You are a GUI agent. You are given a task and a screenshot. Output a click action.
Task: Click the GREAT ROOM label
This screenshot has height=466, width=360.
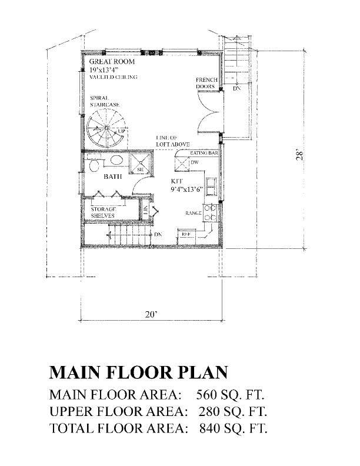(x=112, y=61)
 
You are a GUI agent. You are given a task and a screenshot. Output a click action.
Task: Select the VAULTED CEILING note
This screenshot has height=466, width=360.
(x=114, y=77)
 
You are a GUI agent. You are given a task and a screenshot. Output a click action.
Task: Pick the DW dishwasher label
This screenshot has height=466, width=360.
(x=194, y=162)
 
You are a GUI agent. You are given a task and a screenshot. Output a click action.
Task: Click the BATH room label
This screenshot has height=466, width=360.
(x=113, y=176)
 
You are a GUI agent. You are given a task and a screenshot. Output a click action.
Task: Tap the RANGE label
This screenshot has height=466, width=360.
(x=194, y=213)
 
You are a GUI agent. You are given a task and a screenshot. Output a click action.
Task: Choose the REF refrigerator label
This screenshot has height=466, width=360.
(x=186, y=234)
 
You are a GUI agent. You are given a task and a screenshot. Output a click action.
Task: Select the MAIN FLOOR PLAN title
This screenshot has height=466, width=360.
(x=138, y=373)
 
